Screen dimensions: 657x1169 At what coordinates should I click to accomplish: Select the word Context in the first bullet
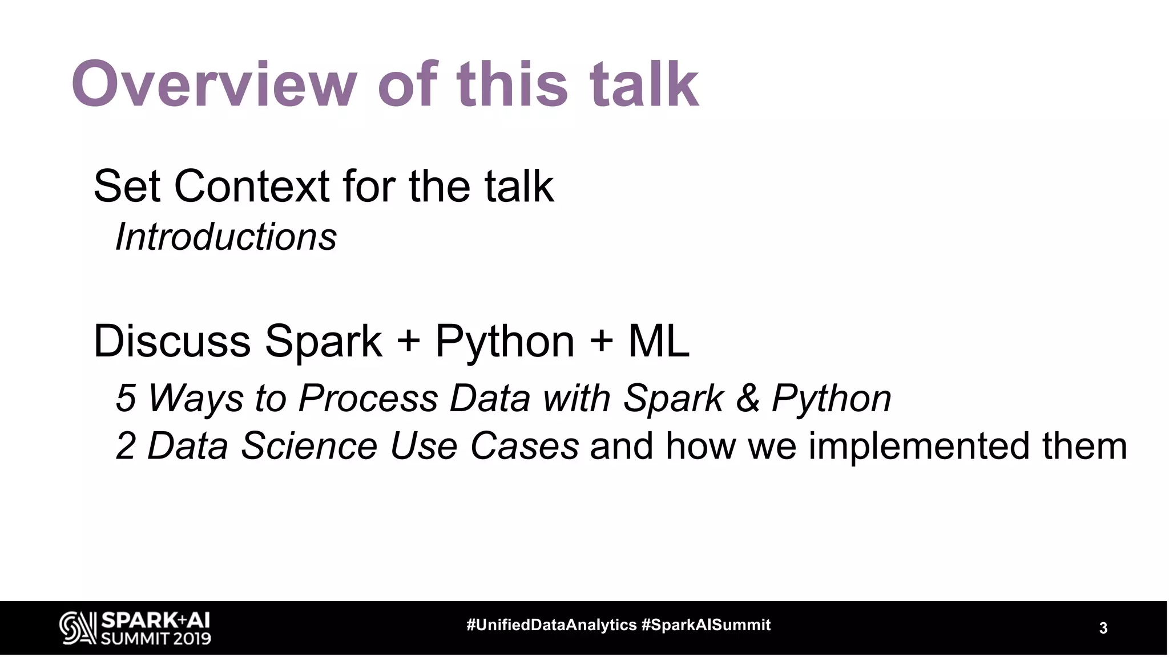click(251, 186)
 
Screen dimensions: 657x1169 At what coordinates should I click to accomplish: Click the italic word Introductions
click(226, 237)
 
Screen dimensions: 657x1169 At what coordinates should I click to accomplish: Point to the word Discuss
click(172, 341)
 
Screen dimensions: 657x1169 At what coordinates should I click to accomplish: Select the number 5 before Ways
click(126, 398)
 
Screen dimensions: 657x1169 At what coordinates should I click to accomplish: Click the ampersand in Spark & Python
click(747, 398)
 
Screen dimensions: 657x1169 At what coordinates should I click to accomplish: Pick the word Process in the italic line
click(368, 398)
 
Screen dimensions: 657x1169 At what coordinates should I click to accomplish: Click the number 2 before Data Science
click(126, 446)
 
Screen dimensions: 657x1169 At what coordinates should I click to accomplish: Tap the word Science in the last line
click(309, 446)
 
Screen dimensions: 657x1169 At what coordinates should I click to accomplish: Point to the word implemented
click(919, 446)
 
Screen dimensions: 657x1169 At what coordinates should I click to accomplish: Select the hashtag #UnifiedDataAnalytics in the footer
click(551, 625)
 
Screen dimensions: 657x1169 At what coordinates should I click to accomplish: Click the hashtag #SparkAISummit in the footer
click(706, 625)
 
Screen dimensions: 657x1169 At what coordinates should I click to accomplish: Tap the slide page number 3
click(1103, 628)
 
